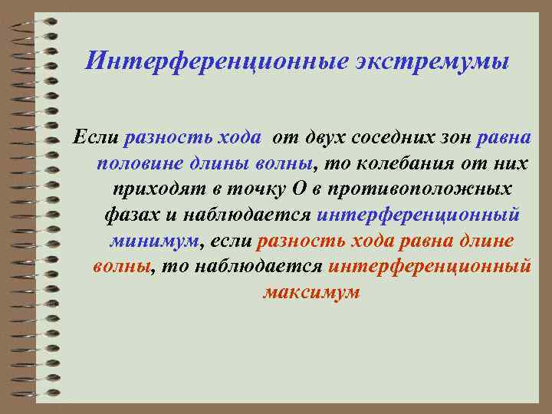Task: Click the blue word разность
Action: click(166, 139)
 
